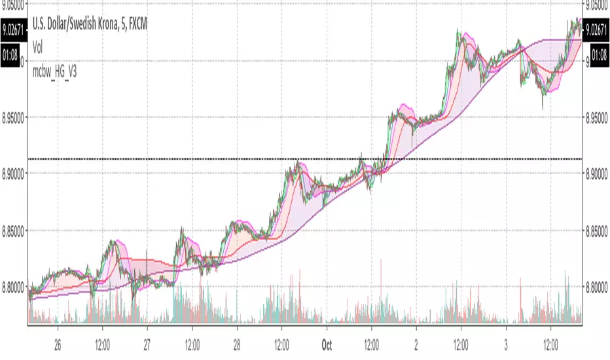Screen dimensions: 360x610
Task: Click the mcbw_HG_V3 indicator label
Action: point(54,72)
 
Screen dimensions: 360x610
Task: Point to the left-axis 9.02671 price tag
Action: point(13,29)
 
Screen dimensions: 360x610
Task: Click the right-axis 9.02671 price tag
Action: point(596,29)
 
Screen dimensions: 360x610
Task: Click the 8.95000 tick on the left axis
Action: point(14,117)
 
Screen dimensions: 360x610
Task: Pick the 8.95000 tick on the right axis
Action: point(596,117)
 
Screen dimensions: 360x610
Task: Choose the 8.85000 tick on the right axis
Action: point(596,230)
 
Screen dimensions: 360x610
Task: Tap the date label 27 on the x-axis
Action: point(147,342)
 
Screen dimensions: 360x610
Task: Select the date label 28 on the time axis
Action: point(236,342)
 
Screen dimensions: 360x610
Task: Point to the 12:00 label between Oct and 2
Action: point(371,342)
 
